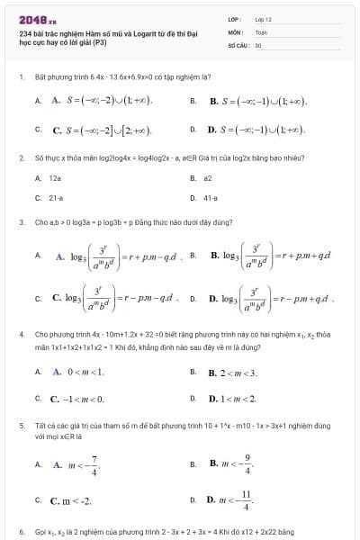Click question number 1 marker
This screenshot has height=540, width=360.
pos(20,78)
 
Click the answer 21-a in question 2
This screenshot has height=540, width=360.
pos(56,196)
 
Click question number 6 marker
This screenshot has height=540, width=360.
pos(20,532)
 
